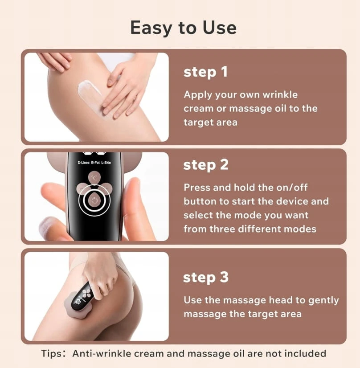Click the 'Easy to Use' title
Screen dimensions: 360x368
click(x=183, y=28)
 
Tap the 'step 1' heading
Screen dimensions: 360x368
click(x=205, y=72)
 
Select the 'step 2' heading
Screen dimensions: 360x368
click(x=206, y=164)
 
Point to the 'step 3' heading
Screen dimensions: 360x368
click(x=206, y=277)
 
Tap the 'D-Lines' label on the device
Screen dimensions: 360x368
click(x=84, y=163)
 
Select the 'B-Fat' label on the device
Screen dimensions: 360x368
click(x=95, y=163)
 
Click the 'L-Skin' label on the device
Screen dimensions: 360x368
click(x=106, y=163)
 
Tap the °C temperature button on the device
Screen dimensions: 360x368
click(x=94, y=178)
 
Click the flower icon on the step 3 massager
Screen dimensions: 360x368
click(x=86, y=294)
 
